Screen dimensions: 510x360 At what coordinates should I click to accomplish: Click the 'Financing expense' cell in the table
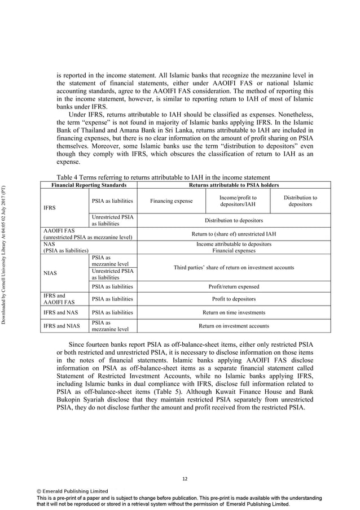click(x=171, y=201)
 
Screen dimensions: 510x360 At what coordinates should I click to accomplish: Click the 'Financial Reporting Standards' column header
click(x=85, y=185)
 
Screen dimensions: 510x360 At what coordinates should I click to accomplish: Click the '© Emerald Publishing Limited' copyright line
click(x=69, y=491)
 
